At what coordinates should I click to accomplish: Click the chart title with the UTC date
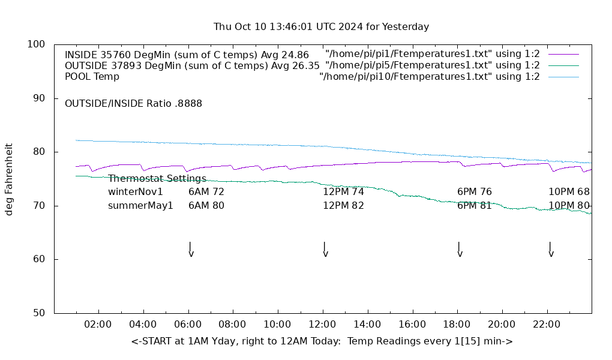[x=321, y=26]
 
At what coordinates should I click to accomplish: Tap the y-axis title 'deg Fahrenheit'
[x=9, y=179]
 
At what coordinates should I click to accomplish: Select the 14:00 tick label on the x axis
[x=367, y=325]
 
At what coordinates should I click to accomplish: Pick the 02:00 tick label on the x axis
[x=98, y=325]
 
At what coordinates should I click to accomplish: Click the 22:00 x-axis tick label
[x=547, y=325]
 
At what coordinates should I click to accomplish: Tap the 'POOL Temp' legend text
[x=92, y=76]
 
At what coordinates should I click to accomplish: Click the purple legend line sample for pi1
[x=563, y=55]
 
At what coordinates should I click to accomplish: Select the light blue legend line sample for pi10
[x=563, y=77]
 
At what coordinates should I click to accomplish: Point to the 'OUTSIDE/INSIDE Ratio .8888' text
[x=133, y=103]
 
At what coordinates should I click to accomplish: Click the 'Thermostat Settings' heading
[x=157, y=178]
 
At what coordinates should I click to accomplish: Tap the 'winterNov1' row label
[x=136, y=192]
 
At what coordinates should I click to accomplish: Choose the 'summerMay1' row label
[x=140, y=205]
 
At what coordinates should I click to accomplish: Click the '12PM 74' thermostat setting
[x=343, y=192]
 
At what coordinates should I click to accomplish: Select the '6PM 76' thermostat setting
[x=474, y=192]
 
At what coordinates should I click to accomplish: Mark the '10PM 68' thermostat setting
[x=569, y=192]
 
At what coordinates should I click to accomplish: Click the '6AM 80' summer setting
[x=206, y=205]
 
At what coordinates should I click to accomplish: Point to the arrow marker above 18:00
[x=459, y=249]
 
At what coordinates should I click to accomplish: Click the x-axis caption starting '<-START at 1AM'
[x=322, y=341]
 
